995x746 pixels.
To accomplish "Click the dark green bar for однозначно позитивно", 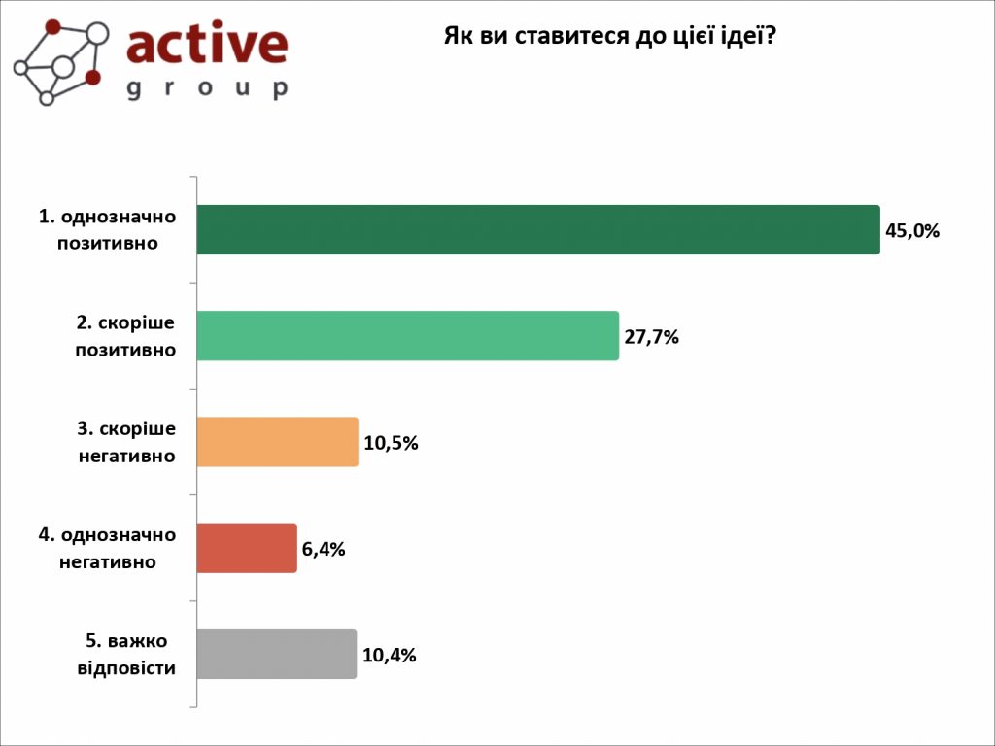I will (537, 229).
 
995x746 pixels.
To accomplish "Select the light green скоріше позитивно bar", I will (407, 336).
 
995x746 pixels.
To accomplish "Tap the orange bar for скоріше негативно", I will (277, 442).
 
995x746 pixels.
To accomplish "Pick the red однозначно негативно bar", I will (246, 548).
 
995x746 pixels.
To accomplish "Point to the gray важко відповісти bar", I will (276, 654).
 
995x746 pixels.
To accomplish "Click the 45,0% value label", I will (912, 231).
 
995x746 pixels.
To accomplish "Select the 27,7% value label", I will (651, 338).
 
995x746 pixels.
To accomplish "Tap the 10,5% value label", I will (391, 444).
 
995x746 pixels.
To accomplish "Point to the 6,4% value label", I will (324, 550).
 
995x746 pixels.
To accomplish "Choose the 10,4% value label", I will (389, 656).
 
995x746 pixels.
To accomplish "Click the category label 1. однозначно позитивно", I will (108, 229).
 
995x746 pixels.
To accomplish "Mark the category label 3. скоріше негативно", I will (126, 442).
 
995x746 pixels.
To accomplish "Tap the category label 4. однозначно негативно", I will (108, 548).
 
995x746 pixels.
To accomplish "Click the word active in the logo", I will (207, 45).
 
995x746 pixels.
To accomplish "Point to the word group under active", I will (207, 88).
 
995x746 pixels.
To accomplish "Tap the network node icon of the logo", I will (59, 60).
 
